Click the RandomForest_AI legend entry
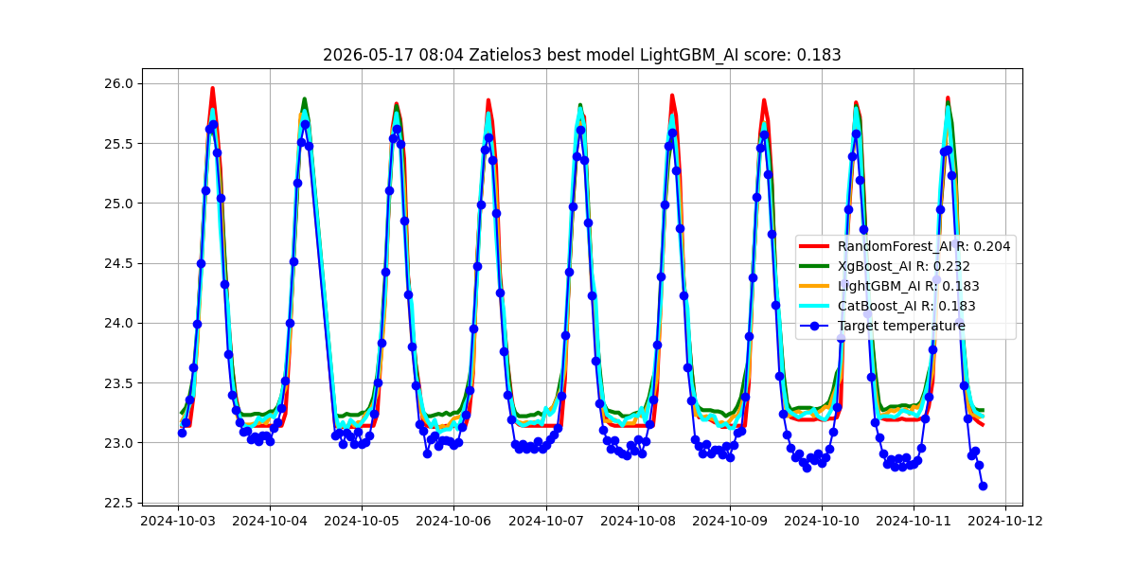905,246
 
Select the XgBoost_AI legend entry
884,266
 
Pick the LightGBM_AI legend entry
889,286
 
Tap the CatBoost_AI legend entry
887,306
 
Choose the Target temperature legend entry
882,326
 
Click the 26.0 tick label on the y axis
118,83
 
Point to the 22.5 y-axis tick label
118,503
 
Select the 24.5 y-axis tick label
118,263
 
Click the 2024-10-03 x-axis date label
178,522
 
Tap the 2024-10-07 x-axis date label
546,522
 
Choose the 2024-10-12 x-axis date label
1005,522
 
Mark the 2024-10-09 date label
730,522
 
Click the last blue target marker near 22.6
983,486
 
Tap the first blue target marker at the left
182,433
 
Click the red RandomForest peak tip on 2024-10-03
212,88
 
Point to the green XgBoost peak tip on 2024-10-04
304,98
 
